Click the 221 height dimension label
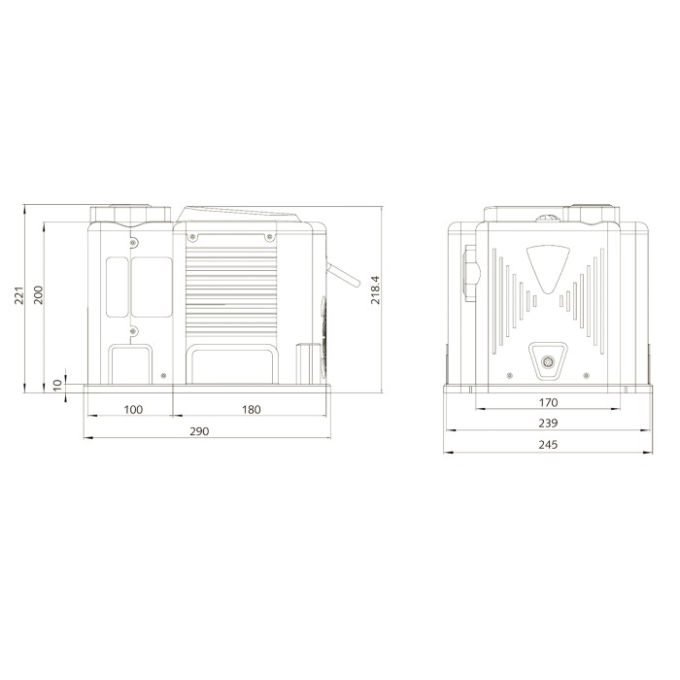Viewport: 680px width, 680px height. [19, 295]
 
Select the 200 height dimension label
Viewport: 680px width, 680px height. [39, 295]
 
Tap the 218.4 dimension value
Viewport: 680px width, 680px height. [376, 289]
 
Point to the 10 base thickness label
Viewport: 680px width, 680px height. [57, 385]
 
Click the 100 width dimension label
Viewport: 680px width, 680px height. [133, 409]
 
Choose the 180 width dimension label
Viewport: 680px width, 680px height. [251, 409]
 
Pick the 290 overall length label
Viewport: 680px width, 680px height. [199, 431]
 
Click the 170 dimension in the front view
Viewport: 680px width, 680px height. [548, 402]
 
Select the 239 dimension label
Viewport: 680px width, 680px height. [548, 423]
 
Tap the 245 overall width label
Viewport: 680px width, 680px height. [548, 445]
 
